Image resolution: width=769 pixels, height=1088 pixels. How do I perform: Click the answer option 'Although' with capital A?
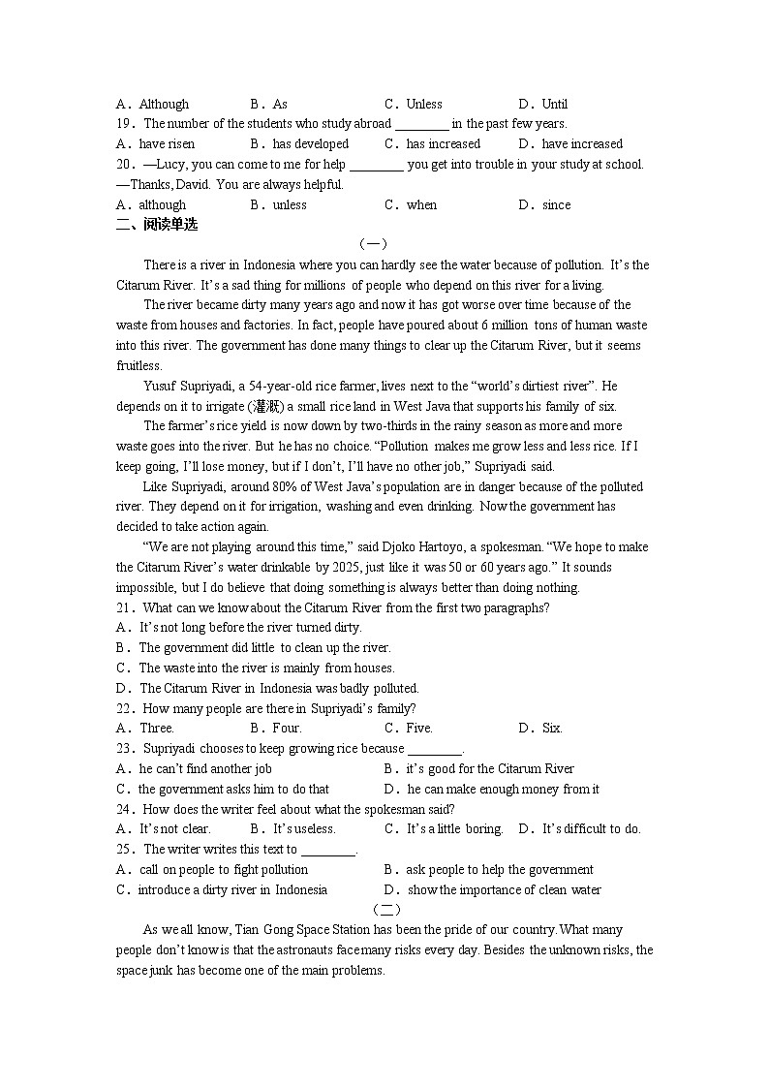[x=164, y=104]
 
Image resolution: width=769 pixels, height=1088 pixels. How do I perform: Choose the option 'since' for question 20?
[x=556, y=204]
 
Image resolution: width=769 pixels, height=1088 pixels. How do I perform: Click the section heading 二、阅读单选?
[x=156, y=224]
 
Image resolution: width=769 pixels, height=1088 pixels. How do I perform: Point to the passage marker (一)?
[x=372, y=244]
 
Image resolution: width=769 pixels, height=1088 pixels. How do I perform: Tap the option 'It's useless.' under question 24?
[x=304, y=828]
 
